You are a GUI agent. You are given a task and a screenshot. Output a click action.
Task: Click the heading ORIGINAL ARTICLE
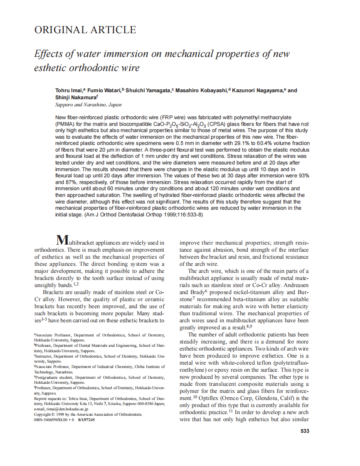point(85,30)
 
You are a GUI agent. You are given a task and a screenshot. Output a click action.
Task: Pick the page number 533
point(305,431)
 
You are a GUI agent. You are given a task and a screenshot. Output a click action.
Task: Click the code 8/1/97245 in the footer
point(86,420)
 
